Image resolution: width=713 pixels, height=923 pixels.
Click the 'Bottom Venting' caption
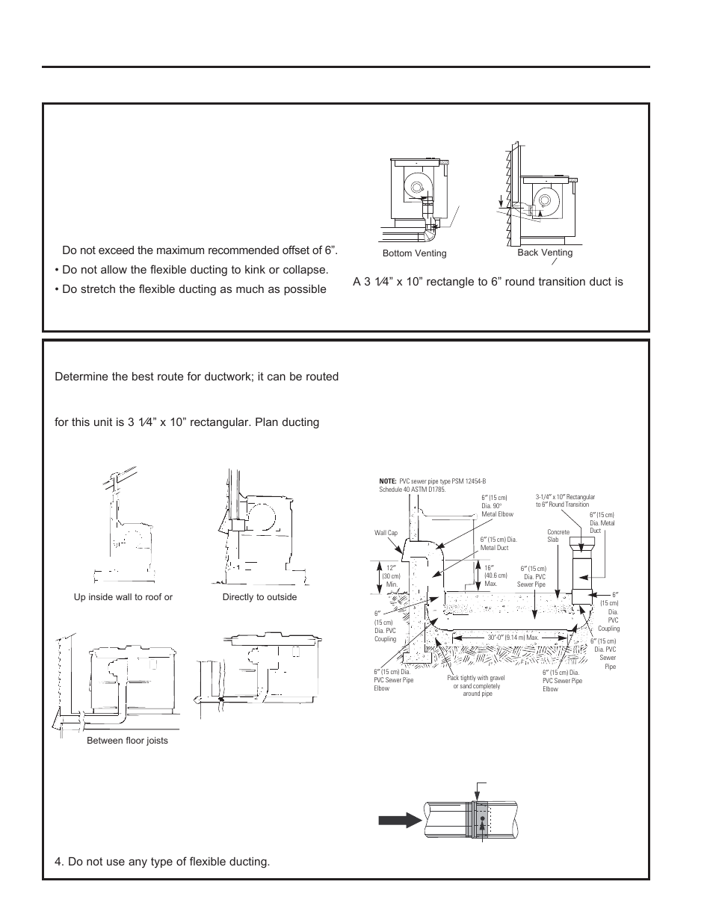tap(414, 253)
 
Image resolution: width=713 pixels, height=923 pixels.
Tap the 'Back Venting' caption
tap(545, 253)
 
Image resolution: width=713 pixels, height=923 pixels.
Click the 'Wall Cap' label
tap(386, 534)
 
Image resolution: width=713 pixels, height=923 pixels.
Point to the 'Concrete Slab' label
tap(558, 536)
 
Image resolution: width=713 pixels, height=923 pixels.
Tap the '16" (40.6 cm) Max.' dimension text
tap(490, 575)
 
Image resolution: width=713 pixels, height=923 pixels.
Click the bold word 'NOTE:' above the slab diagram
tap(388, 482)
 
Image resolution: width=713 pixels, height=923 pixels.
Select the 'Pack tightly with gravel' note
tap(476, 678)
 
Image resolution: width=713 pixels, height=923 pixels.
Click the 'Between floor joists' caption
tap(127, 741)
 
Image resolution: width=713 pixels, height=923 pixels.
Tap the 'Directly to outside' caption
tap(259, 597)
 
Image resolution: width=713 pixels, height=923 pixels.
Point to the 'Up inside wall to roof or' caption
tap(123, 597)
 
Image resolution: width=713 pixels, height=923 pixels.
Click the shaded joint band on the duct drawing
tap(478, 820)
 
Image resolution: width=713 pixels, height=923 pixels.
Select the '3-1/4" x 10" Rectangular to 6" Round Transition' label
tap(565, 501)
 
